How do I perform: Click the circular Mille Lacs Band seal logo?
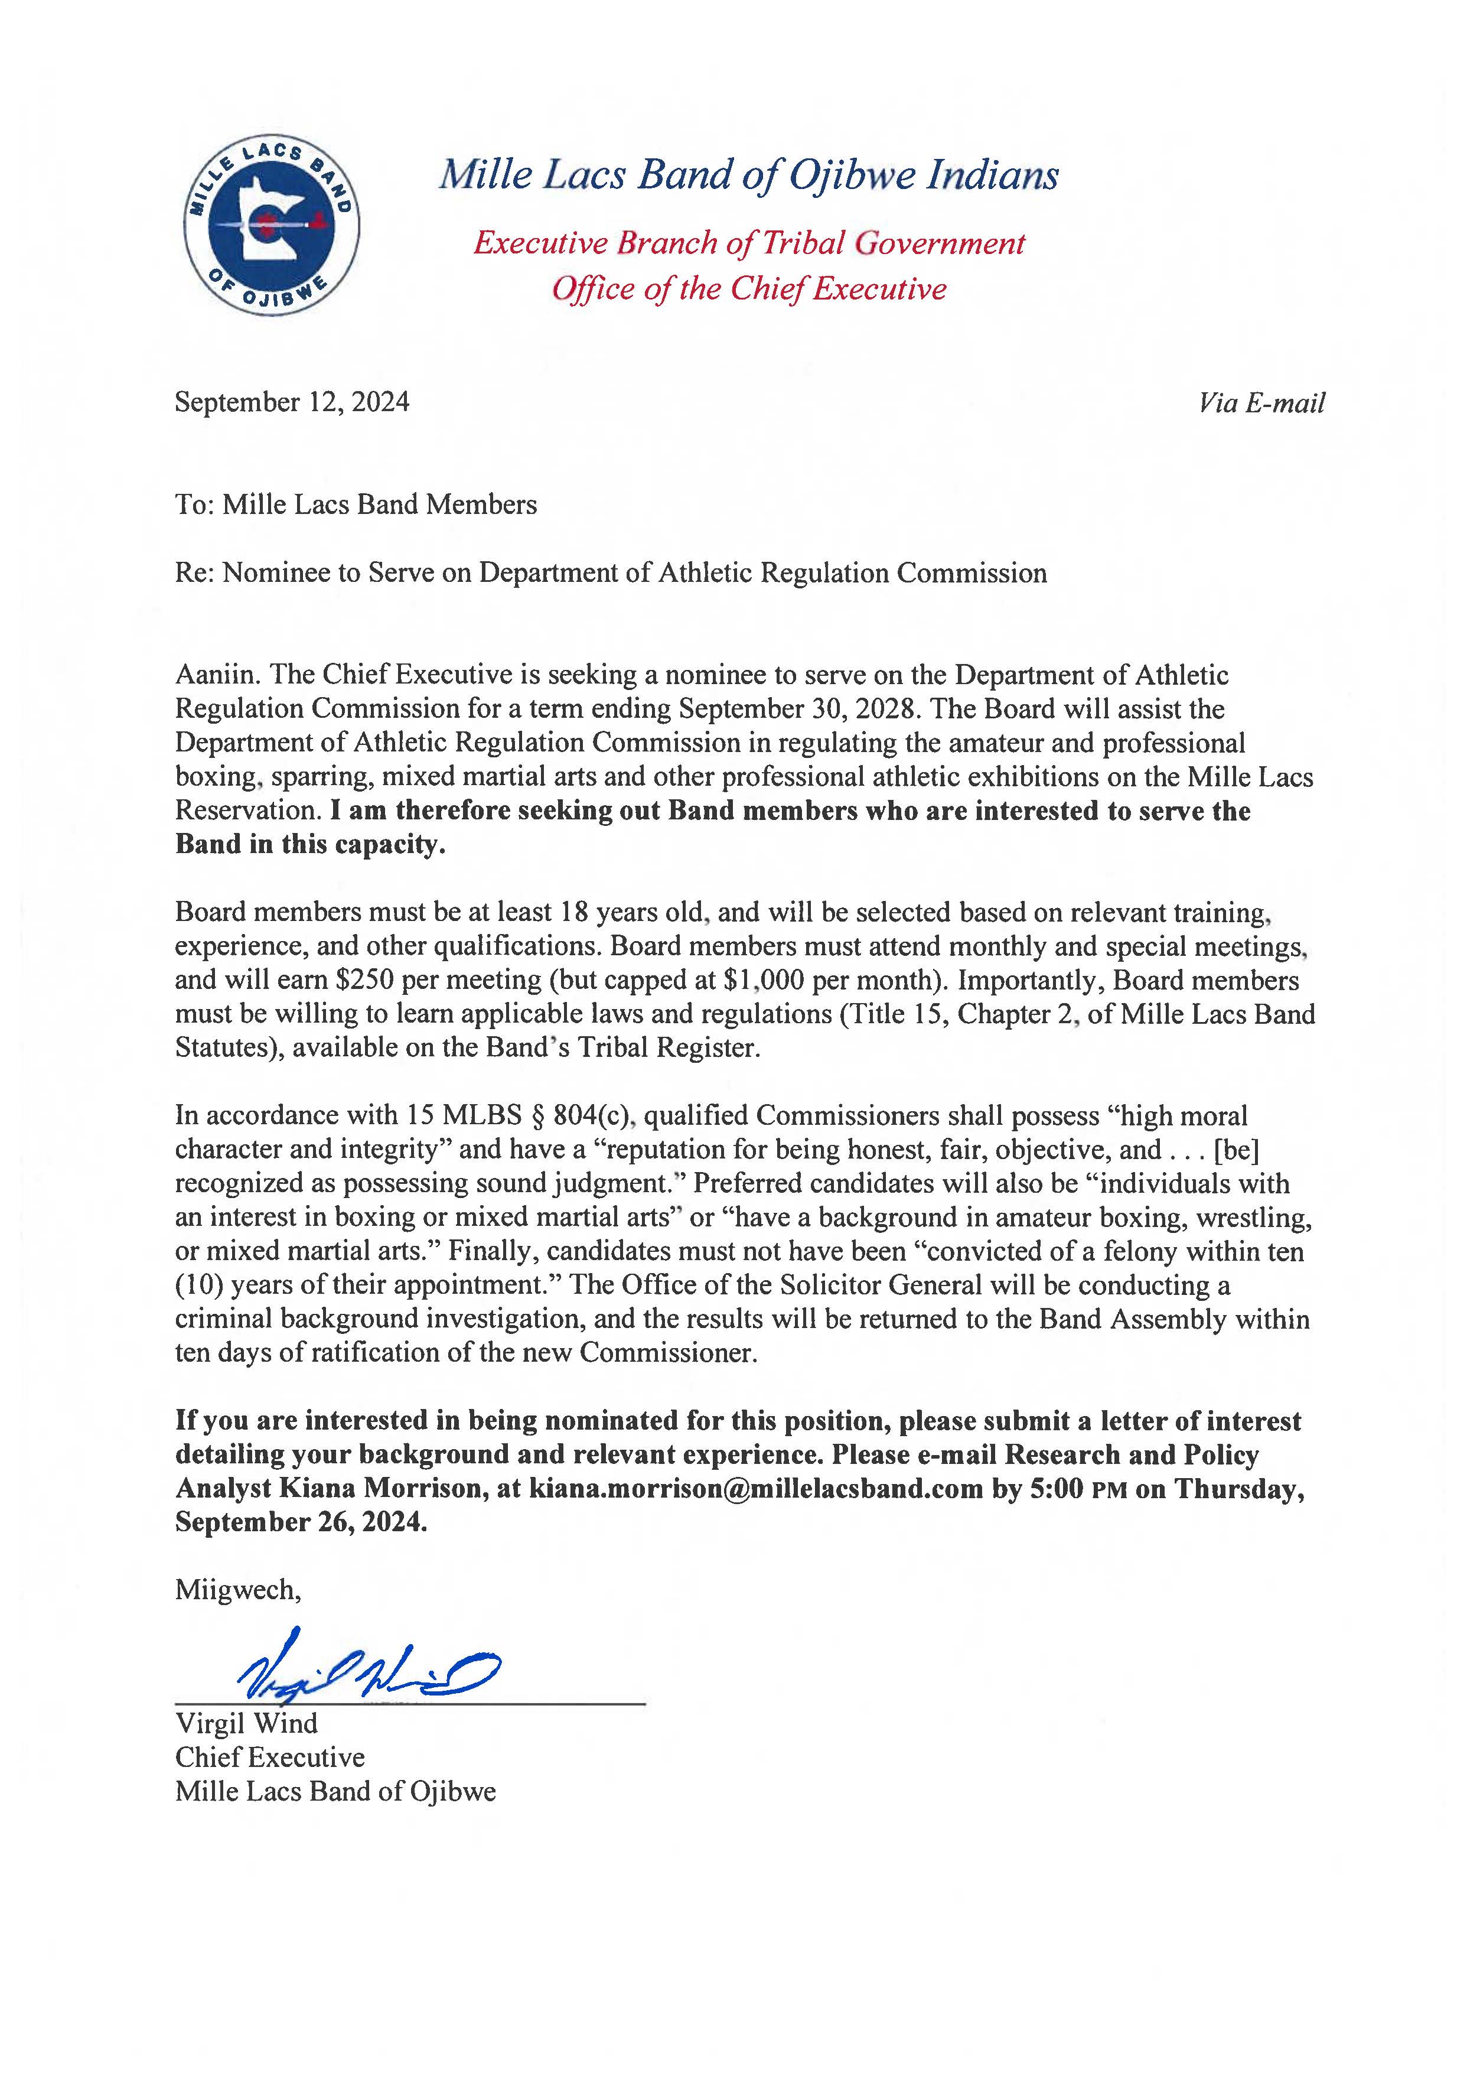coord(271,225)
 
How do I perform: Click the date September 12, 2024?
coord(292,402)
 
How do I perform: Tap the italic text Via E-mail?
coord(1261,403)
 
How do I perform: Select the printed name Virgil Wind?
coord(247,1723)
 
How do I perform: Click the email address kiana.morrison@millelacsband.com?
coord(755,1488)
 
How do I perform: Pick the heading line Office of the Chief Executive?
coord(749,289)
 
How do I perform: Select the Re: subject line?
coord(611,573)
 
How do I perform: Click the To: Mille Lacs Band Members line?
coord(356,505)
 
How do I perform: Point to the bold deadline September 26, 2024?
coord(301,1522)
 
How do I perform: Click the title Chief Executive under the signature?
coord(270,1758)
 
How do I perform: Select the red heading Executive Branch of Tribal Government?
coord(749,243)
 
